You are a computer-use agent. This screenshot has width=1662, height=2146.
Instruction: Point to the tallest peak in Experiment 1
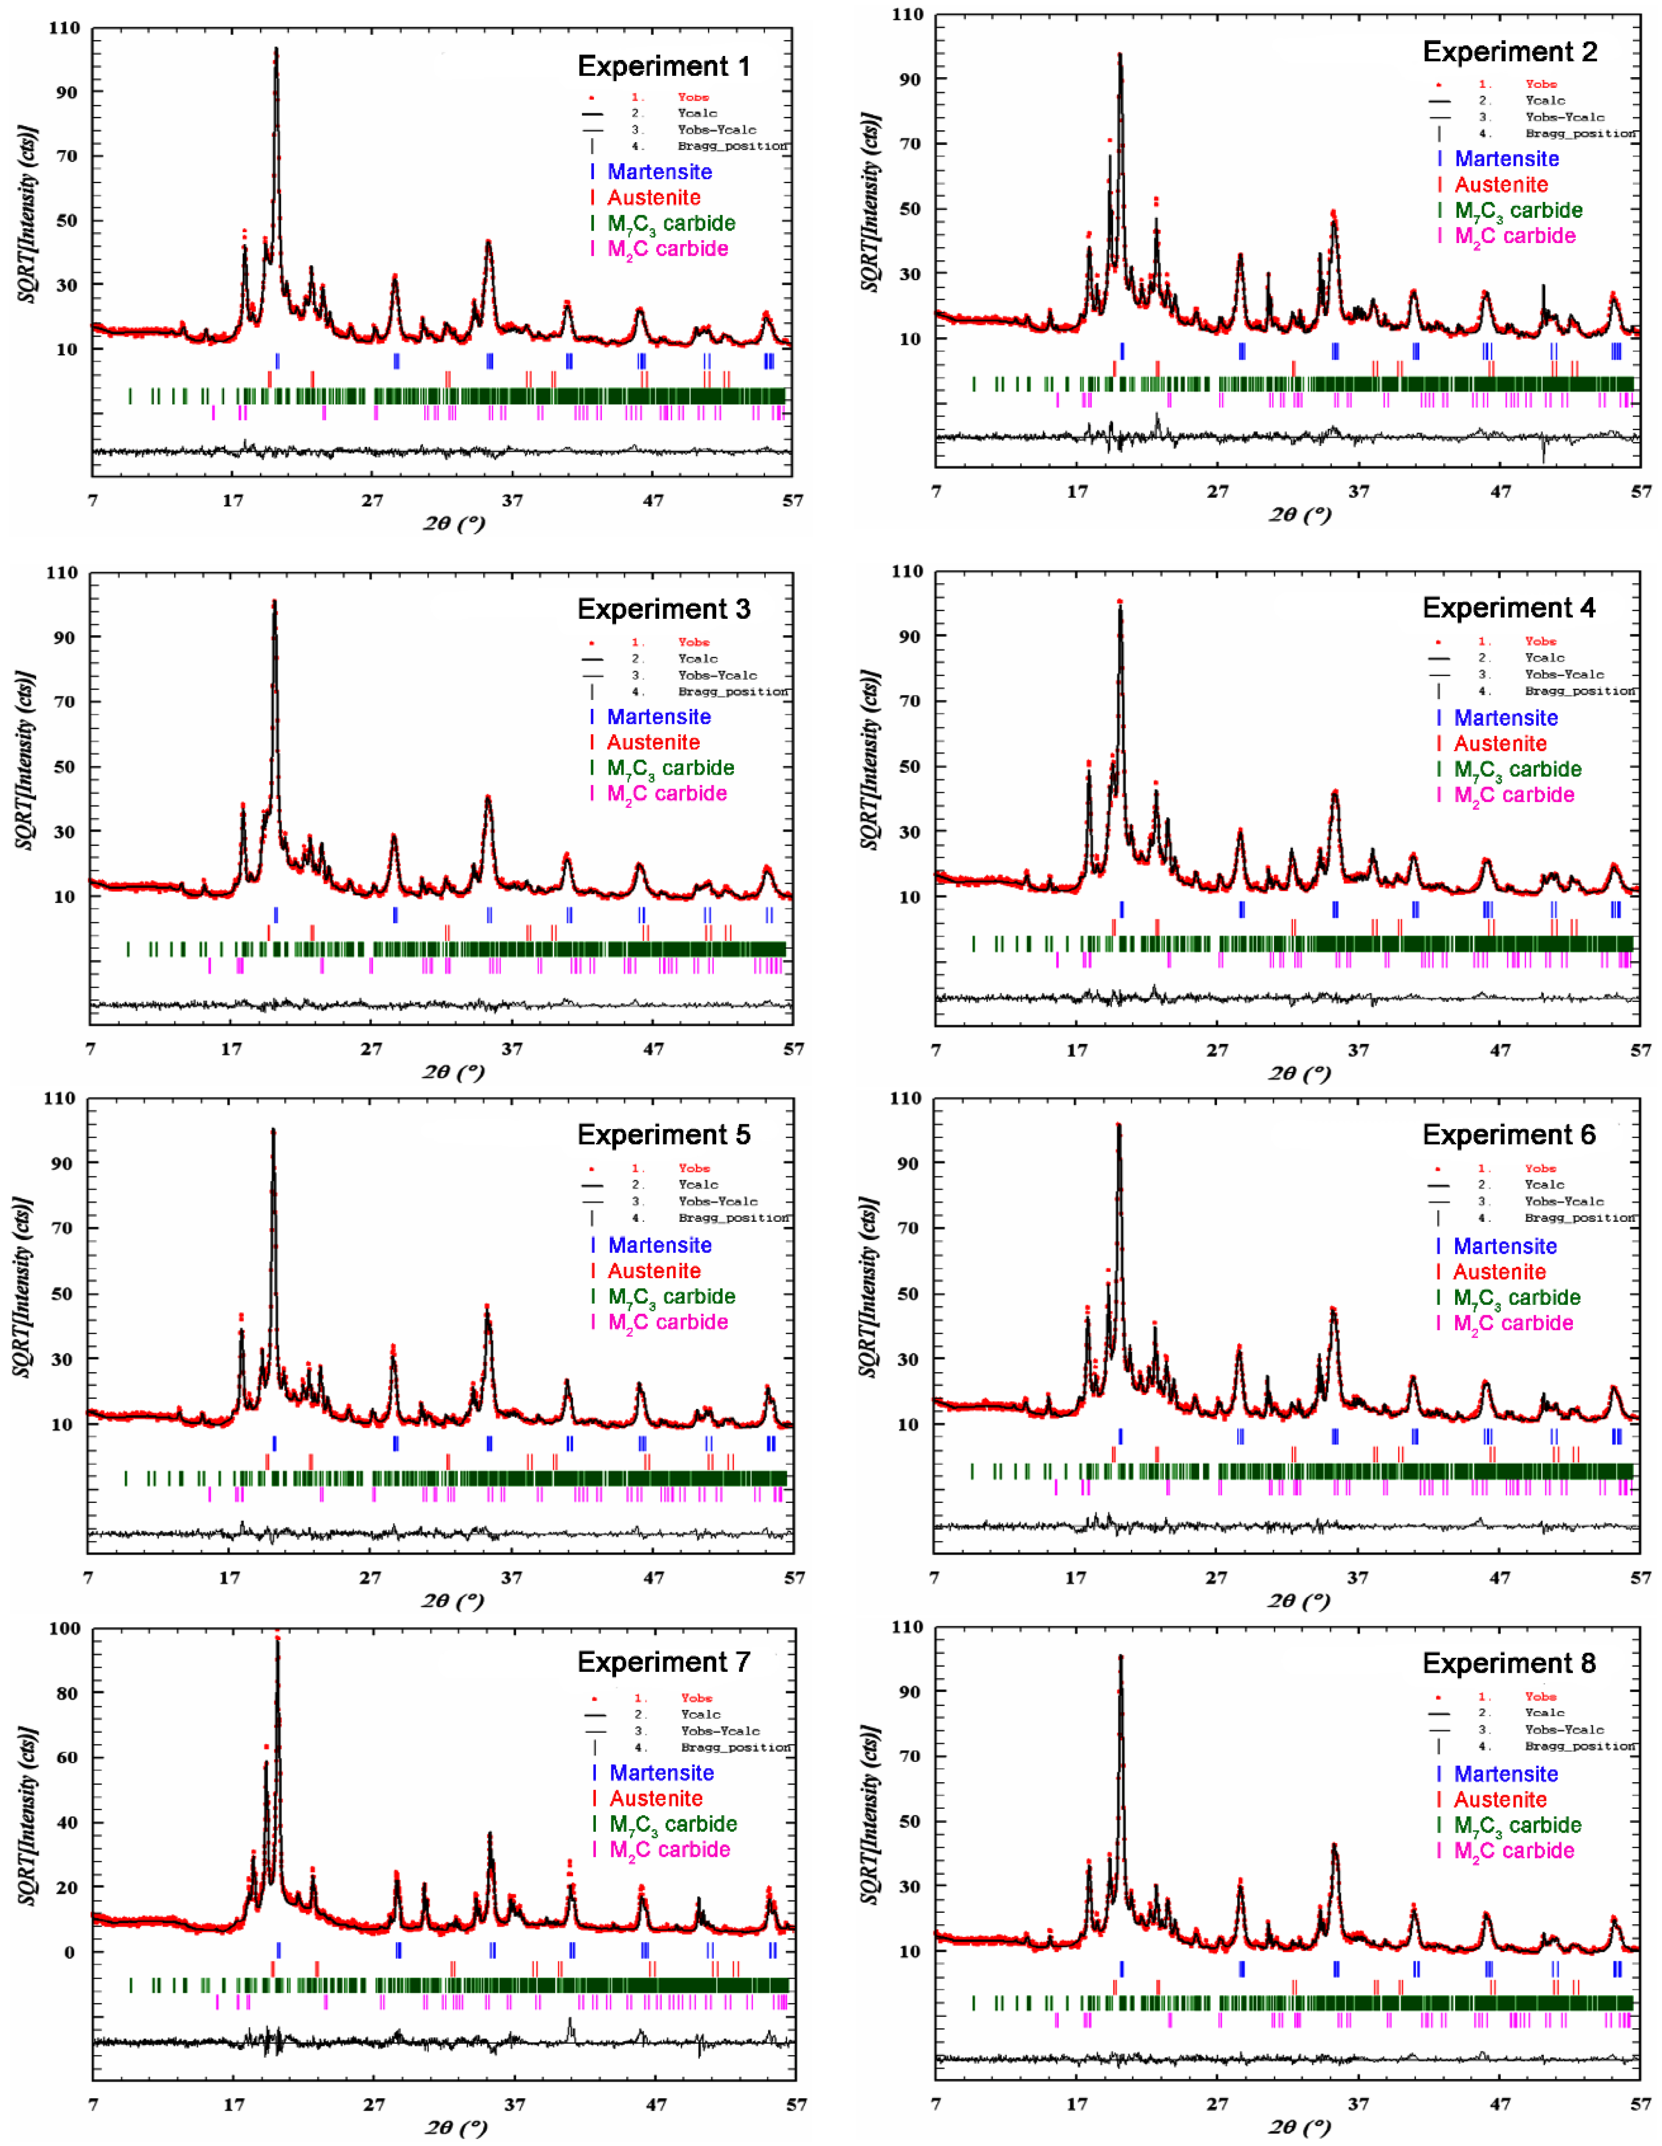(x=276, y=49)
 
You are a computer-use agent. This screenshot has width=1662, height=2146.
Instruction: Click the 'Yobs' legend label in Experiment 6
(x=1540, y=1168)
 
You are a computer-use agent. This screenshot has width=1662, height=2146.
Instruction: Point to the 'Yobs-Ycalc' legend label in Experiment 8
(x=1564, y=1729)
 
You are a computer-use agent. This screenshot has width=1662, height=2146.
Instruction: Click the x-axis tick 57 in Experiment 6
(x=1640, y=1577)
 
